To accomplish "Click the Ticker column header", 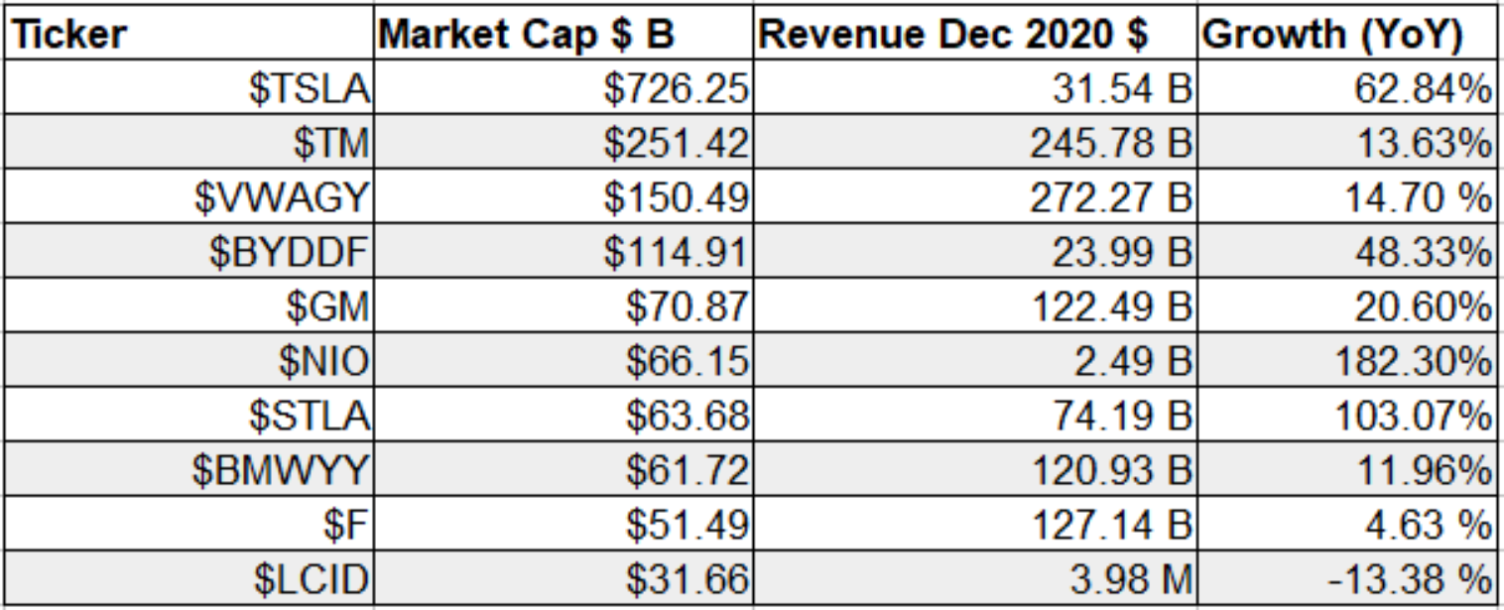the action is pos(69,35).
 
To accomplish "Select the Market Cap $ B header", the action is pos(527,35).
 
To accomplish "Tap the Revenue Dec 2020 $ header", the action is pos(953,35).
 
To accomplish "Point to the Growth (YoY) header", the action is pos(1332,35).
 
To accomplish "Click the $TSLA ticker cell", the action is pos(310,88).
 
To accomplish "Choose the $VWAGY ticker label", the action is pos(282,197).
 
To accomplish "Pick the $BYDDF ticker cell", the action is pos(289,252).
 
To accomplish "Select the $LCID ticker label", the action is pos(312,579).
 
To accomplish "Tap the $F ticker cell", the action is pos(346,525).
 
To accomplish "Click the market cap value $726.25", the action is pos(677,88).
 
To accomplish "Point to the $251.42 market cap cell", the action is pos(677,143).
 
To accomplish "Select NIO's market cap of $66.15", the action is pos(688,361).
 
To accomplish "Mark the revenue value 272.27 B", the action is pos(1111,197).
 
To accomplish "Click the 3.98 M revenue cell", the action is pos(1131,579).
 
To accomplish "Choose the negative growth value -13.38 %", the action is pos(1410,579).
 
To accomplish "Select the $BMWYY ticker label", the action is pos(281,470).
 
